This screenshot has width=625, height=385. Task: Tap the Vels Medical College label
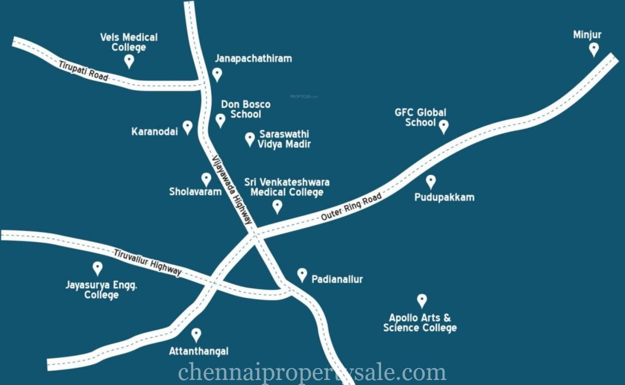point(129,42)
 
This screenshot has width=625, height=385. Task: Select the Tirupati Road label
point(83,71)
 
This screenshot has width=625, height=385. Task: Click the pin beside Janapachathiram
point(217,74)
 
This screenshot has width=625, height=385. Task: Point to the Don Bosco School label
point(246,109)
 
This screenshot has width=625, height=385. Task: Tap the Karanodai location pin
point(187,127)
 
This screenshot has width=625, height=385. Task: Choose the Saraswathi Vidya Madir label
point(284,139)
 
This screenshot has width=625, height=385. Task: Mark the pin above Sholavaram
point(206,179)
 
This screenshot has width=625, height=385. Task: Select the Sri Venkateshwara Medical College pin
point(277,206)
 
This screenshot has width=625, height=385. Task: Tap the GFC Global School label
point(420,117)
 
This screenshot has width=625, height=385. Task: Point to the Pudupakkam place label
point(444,198)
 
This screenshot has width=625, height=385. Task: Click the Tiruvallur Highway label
point(147,262)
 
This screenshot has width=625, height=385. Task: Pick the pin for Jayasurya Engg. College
point(97,268)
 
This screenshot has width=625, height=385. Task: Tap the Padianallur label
point(337,279)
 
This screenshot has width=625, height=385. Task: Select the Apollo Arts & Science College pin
point(422,300)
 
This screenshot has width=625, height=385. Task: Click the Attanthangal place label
point(198,351)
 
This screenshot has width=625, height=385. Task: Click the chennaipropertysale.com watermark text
point(312,372)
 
